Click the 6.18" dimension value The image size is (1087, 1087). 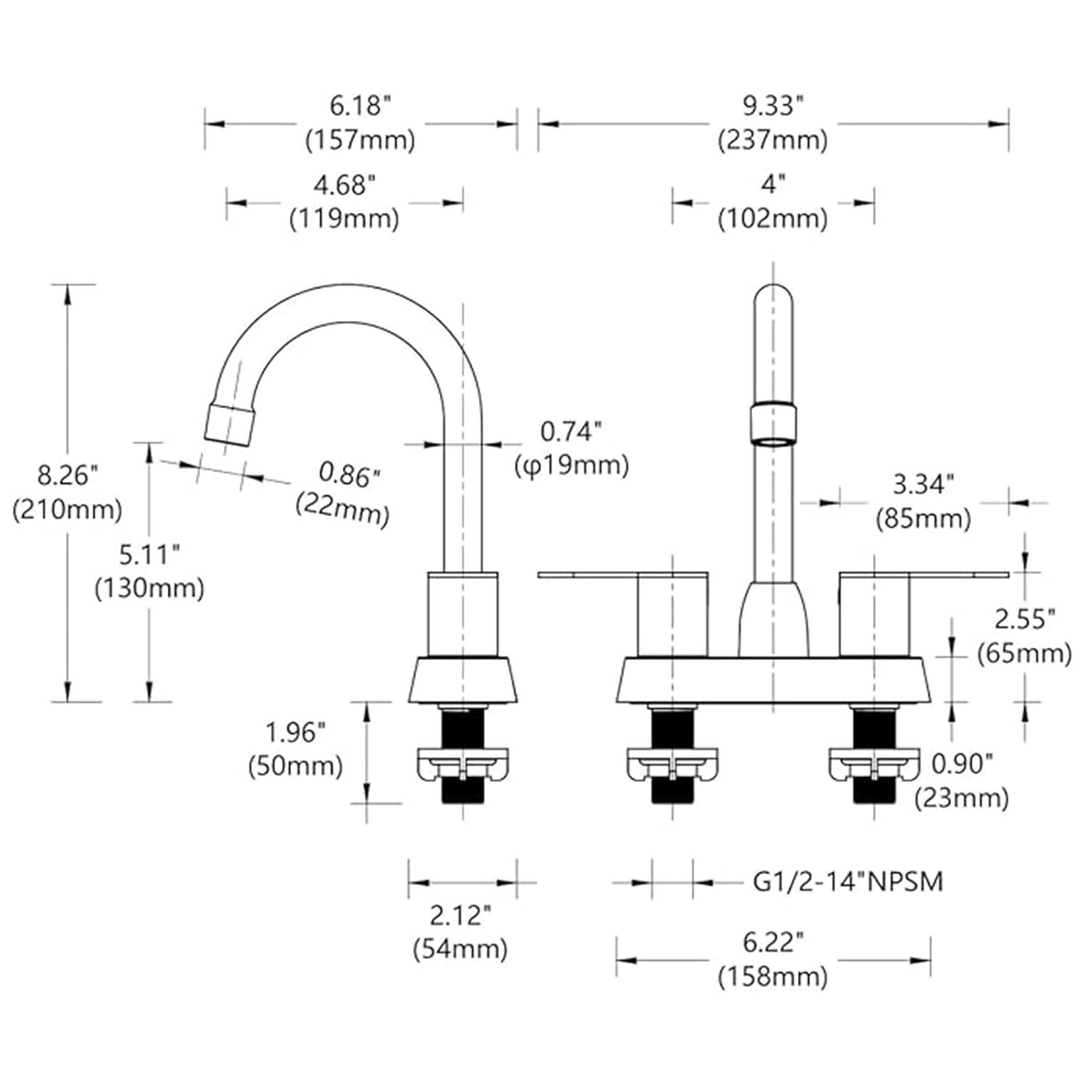(x=360, y=106)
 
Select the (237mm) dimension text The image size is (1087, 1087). (x=772, y=139)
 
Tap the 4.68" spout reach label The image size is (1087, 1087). (x=344, y=186)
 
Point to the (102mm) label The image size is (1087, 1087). (x=772, y=218)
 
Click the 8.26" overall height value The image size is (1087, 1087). (x=67, y=476)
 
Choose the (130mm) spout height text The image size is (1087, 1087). (x=149, y=588)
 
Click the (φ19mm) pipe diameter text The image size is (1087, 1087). (x=572, y=465)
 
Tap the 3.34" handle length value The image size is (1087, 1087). (x=923, y=485)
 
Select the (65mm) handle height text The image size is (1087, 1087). (x=1024, y=654)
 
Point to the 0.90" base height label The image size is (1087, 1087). (x=962, y=764)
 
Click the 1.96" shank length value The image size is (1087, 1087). (x=295, y=733)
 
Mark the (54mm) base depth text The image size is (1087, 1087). (x=460, y=949)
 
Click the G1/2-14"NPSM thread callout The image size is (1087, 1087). (x=848, y=882)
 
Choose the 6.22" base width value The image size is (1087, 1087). (x=772, y=943)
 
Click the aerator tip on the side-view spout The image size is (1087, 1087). (x=230, y=423)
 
